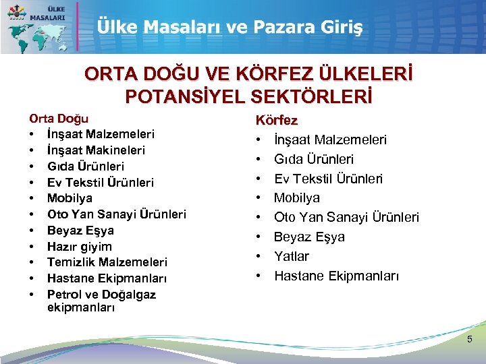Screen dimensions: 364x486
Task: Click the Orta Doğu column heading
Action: [x=59, y=119]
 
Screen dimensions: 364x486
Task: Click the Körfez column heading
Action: [x=275, y=121]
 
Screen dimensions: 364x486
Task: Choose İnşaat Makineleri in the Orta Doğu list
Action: [x=96, y=150]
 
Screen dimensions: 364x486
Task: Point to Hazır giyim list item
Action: [x=80, y=246]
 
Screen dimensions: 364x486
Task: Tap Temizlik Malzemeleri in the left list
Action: [x=107, y=262]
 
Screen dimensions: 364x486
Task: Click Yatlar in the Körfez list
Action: [x=292, y=256]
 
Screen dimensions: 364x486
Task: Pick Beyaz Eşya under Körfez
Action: [x=309, y=237]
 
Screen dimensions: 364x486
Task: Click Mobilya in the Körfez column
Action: [x=297, y=198]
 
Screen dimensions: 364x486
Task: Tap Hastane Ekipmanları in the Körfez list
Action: [x=337, y=276]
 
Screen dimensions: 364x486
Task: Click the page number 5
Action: [x=470, y=339]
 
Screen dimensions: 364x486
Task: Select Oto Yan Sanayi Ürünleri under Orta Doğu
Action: [x=117, y=214]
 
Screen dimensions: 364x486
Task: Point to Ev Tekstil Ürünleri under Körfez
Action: [x=328, y=179]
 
